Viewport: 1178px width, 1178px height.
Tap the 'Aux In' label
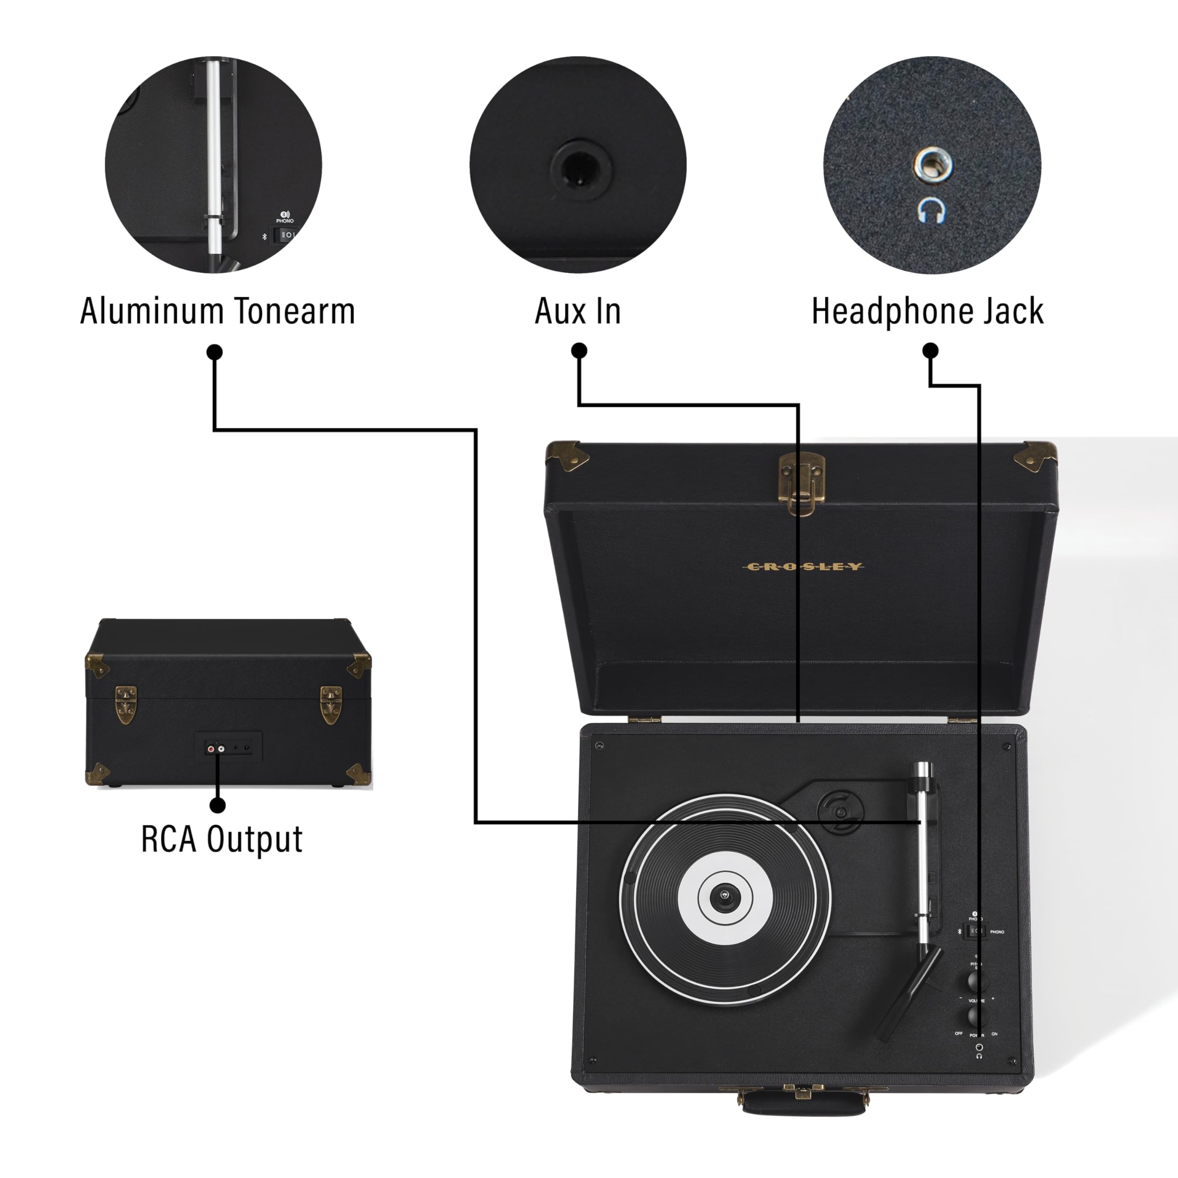tap(577, 312)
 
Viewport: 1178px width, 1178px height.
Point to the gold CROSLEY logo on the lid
tap(803, 567)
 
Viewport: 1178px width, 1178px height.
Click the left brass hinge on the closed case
tap(126, 705)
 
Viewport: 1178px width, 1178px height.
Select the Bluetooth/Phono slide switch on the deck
tap(976, 931)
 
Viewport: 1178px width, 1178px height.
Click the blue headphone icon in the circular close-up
tap(932, 210)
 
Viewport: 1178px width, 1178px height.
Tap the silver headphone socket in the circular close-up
tap(932, 164)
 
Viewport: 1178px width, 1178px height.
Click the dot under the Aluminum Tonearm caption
tap(214, 352)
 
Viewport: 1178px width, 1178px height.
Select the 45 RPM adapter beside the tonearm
tap(841, 812)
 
